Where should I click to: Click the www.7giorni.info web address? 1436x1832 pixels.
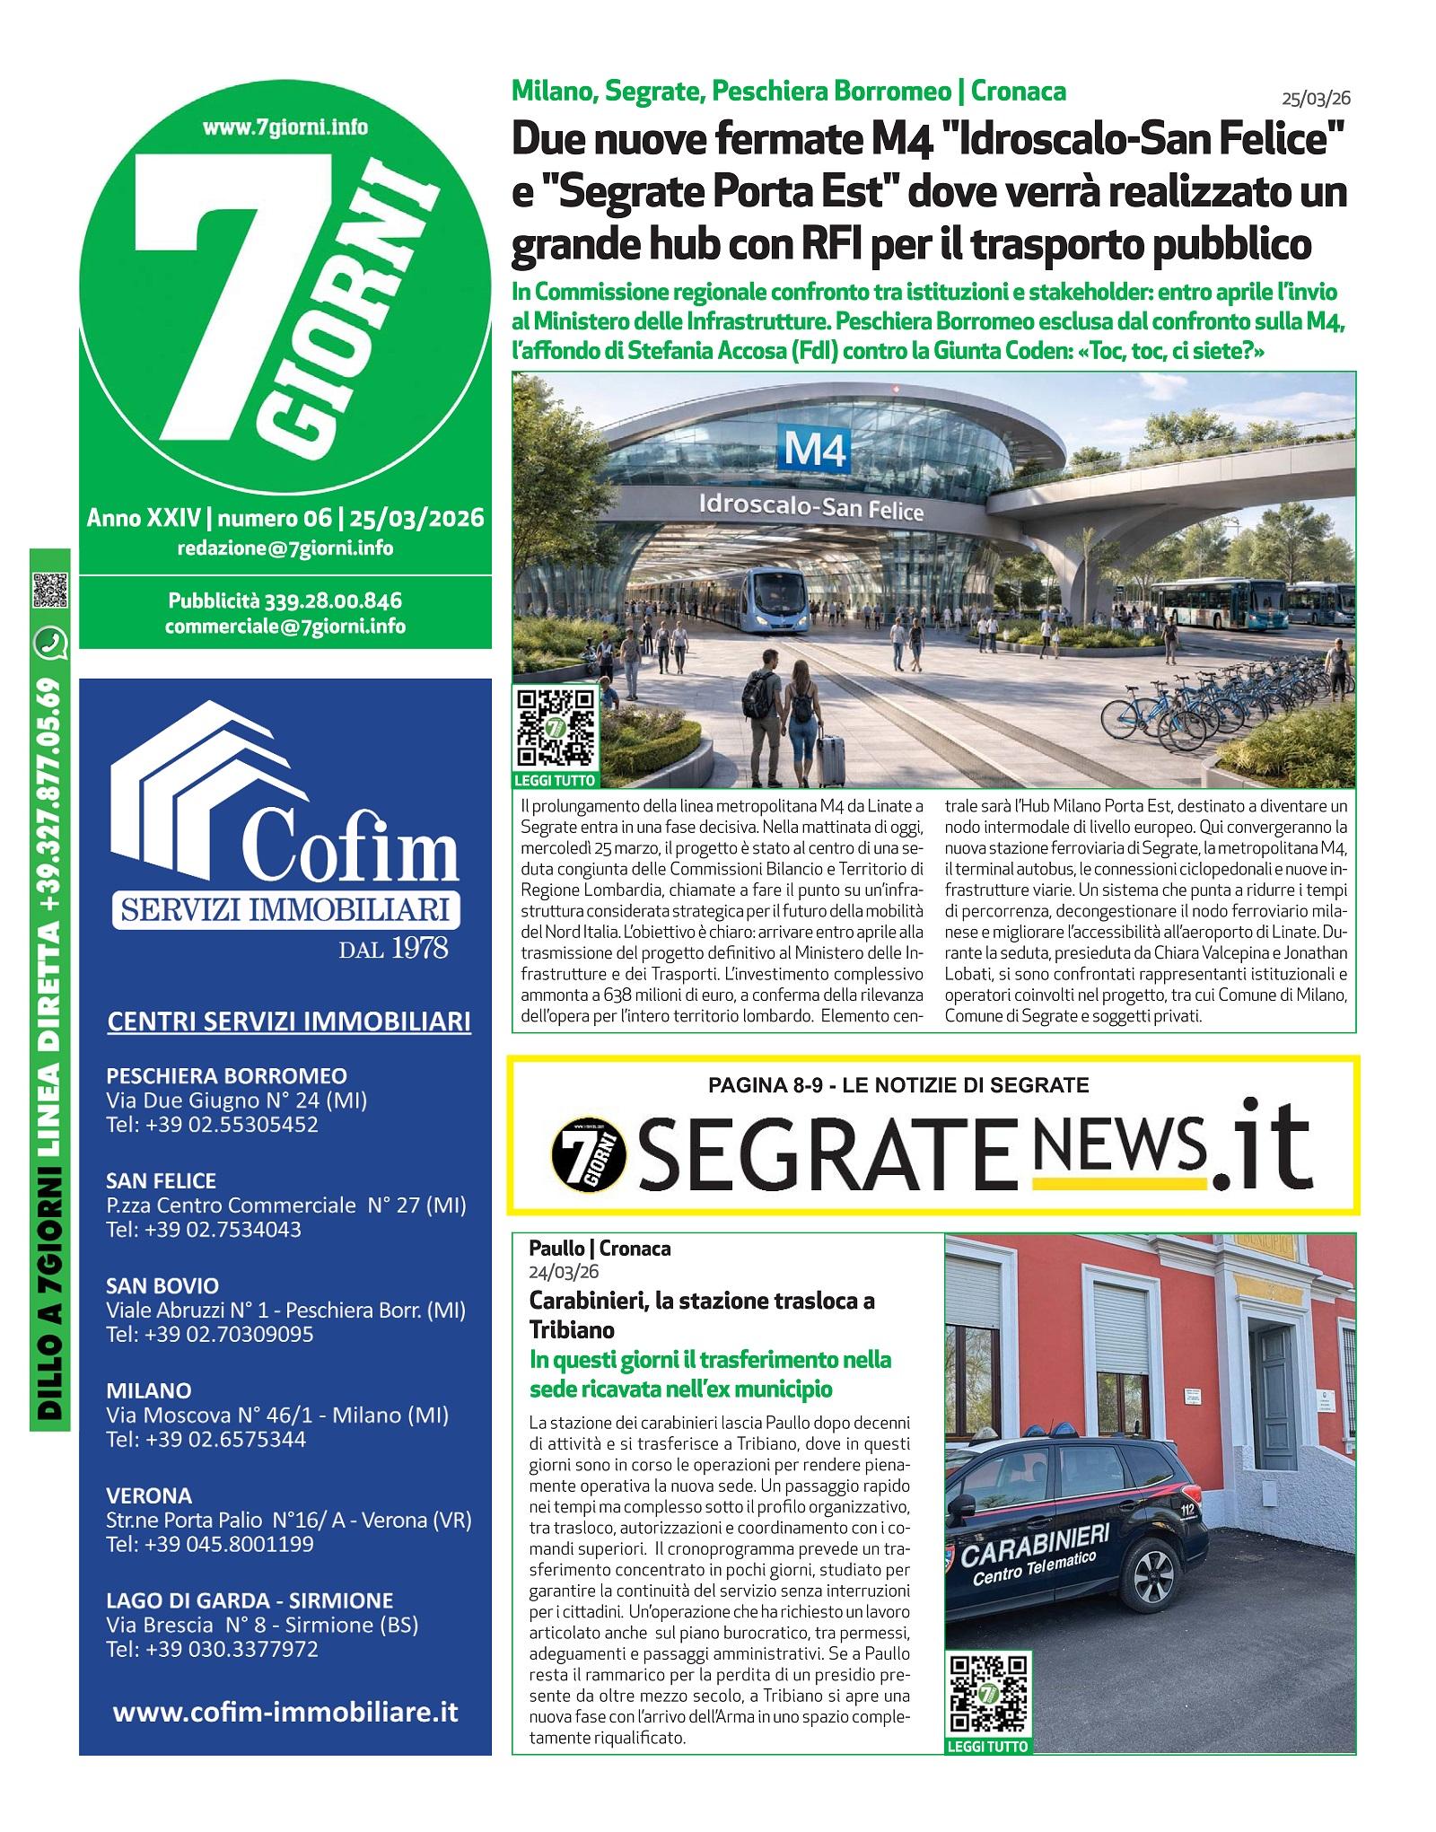tap(285, 127)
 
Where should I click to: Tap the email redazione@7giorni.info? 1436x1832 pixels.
tap(285, 548)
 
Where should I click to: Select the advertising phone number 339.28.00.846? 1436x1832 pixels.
tap(332, 600)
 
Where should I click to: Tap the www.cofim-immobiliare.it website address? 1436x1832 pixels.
tap(285, 1712)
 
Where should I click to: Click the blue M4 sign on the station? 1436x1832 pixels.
tap(814, 449)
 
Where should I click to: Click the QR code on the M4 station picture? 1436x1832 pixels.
tap(556, 726)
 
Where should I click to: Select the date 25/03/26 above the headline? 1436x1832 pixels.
tap(1316, 97)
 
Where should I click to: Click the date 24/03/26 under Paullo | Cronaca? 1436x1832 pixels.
tap(564, 1272)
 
